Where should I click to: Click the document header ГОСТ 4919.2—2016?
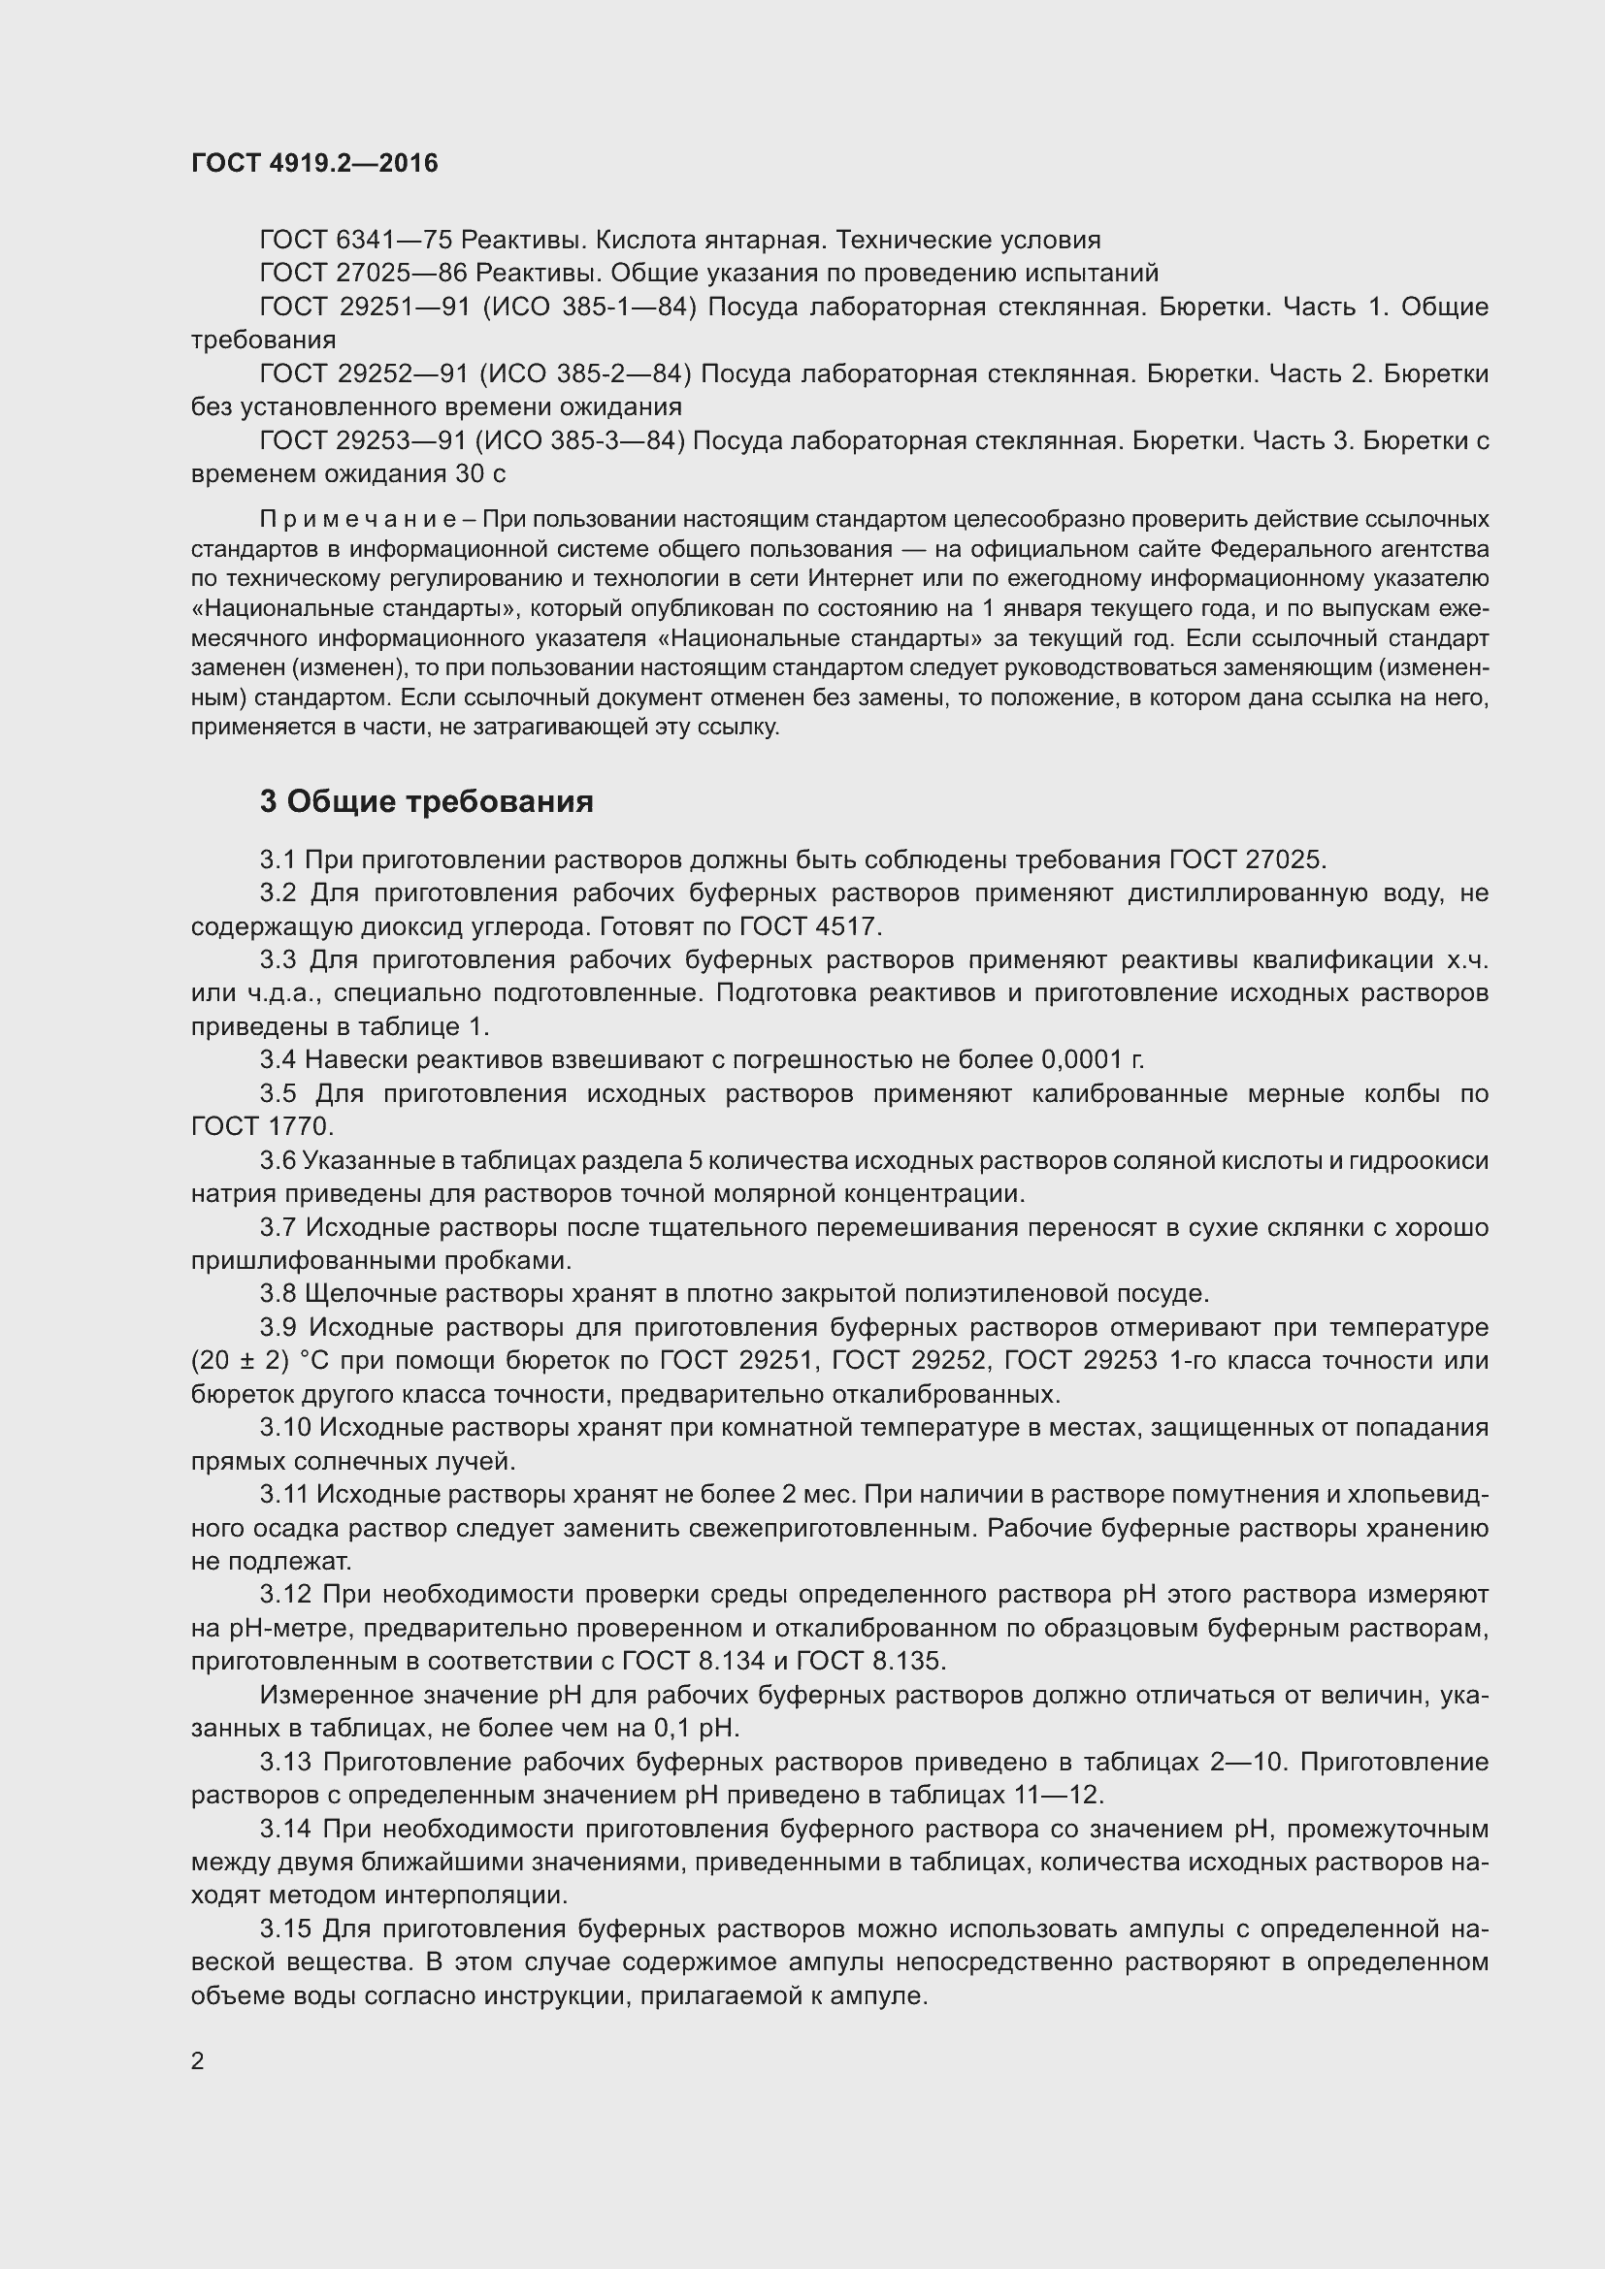coord(314,164)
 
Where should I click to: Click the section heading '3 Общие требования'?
coord(426,801)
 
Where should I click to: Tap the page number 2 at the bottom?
coord(198,2061)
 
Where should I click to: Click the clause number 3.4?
coord(278,1060)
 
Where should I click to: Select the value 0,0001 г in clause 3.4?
coord(1092,1060)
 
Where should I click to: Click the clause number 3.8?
coord(278,1294)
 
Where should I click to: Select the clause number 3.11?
coord(283,1494)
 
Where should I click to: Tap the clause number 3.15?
coord(283,1929)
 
